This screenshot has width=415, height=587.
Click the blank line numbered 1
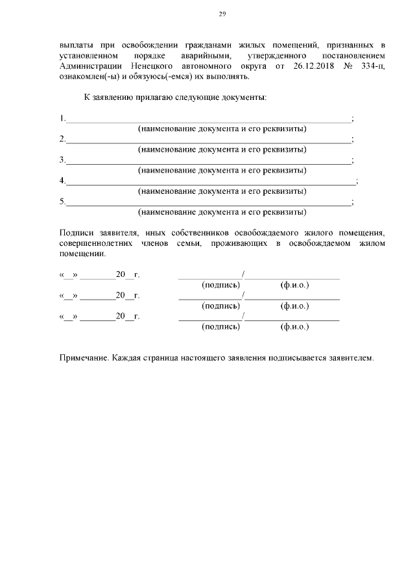tap(207, 119)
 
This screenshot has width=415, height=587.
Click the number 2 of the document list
tap(62, 139)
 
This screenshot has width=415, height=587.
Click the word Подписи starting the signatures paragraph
tap(76, 232)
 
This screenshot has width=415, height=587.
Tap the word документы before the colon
tap(241, 97)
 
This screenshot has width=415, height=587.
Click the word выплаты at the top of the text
tap(75, 45)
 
